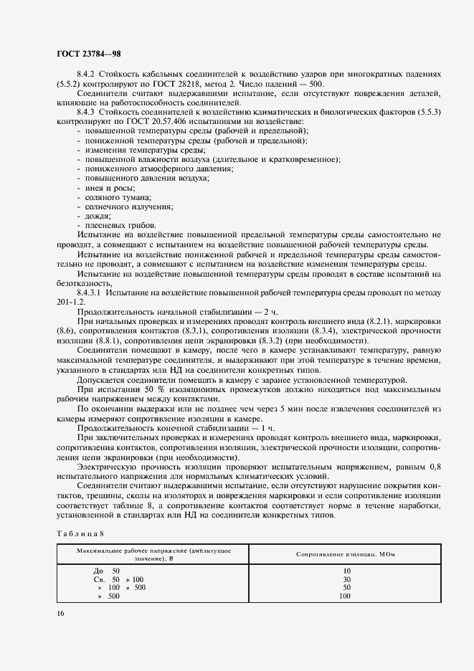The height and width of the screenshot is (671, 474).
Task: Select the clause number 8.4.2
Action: tap(87, 74)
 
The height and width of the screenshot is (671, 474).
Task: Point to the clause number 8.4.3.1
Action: tap(90, 292)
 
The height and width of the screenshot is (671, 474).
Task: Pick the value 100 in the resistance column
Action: tap(345, 596)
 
